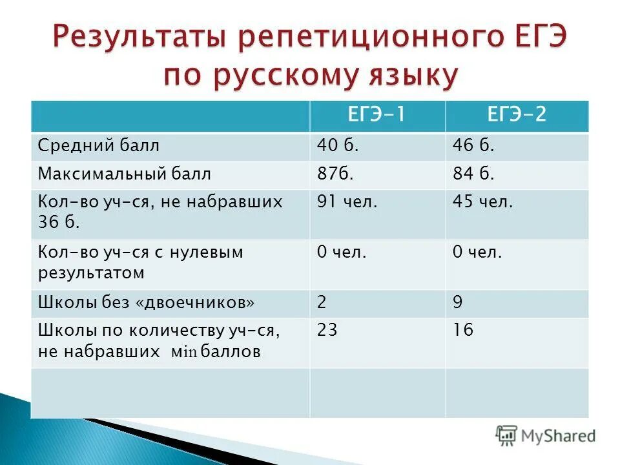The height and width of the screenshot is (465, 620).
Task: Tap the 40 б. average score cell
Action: (x=337, y=147)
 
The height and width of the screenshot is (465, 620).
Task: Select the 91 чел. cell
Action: (x=347, y=202)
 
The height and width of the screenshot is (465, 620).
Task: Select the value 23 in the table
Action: (x=327, y=331)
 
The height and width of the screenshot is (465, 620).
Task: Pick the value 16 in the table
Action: (x=462, y=331)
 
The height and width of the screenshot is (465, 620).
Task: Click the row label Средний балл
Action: (x=98, y=147)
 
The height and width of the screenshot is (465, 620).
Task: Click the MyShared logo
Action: (x=546, y=435)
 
